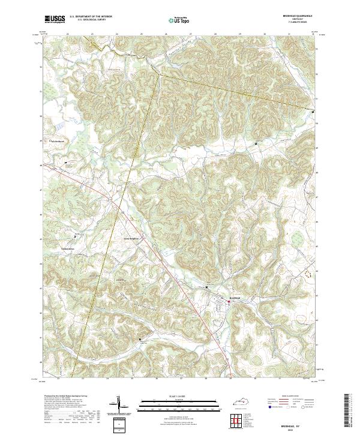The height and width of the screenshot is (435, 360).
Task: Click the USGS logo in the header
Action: pos(55,19)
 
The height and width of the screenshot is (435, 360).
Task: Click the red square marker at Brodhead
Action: pos(228,304)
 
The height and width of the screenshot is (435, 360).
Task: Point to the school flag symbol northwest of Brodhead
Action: pos(207,288)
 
